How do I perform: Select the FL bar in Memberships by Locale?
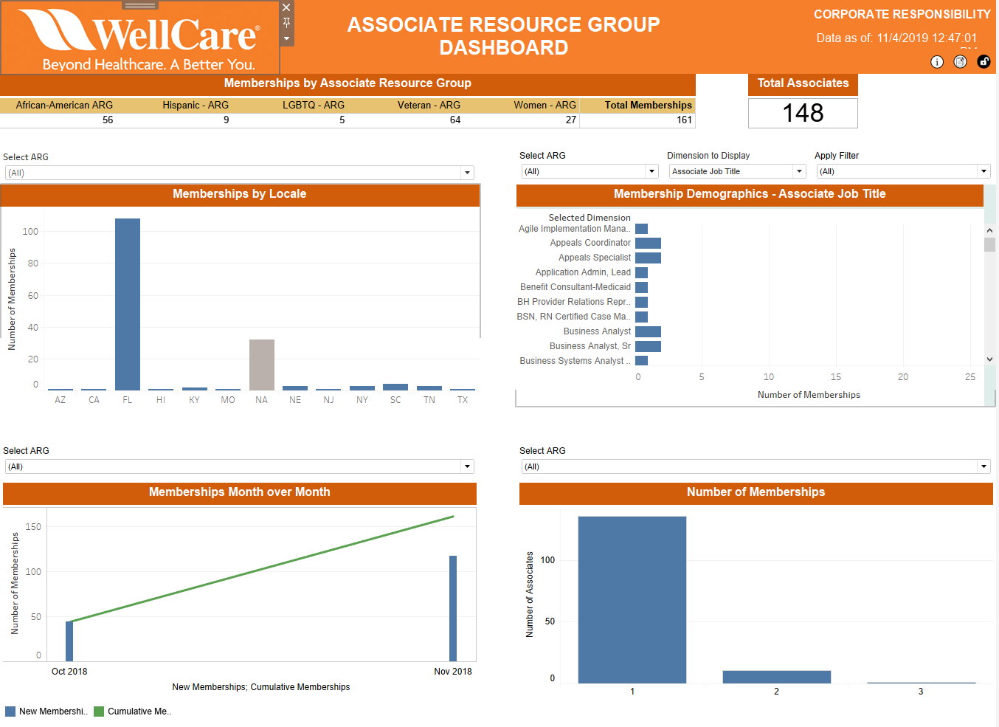pos(128,304)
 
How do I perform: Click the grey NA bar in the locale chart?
pos(262,365)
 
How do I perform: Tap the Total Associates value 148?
pos(803,113)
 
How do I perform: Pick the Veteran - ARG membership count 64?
pos(455,120)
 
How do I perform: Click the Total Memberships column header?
pos(648,106)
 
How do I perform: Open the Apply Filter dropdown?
pos(903,171)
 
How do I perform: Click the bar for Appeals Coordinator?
pos(648,243)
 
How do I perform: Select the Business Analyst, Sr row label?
pos(590,346)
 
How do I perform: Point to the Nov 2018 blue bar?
pos(453,608)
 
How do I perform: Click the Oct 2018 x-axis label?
pos(69,672)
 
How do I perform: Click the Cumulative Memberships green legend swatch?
pos(99,712)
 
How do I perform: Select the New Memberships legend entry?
pos(52,712)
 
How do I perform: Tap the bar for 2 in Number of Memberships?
pos(776,677)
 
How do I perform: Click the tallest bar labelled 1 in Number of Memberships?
pos(632,599)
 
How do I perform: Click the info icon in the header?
pos(937,62)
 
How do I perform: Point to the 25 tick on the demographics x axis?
pos(969,377)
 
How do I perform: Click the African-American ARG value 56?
pos(108,120)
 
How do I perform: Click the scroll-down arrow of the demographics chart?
pos(989,359)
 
